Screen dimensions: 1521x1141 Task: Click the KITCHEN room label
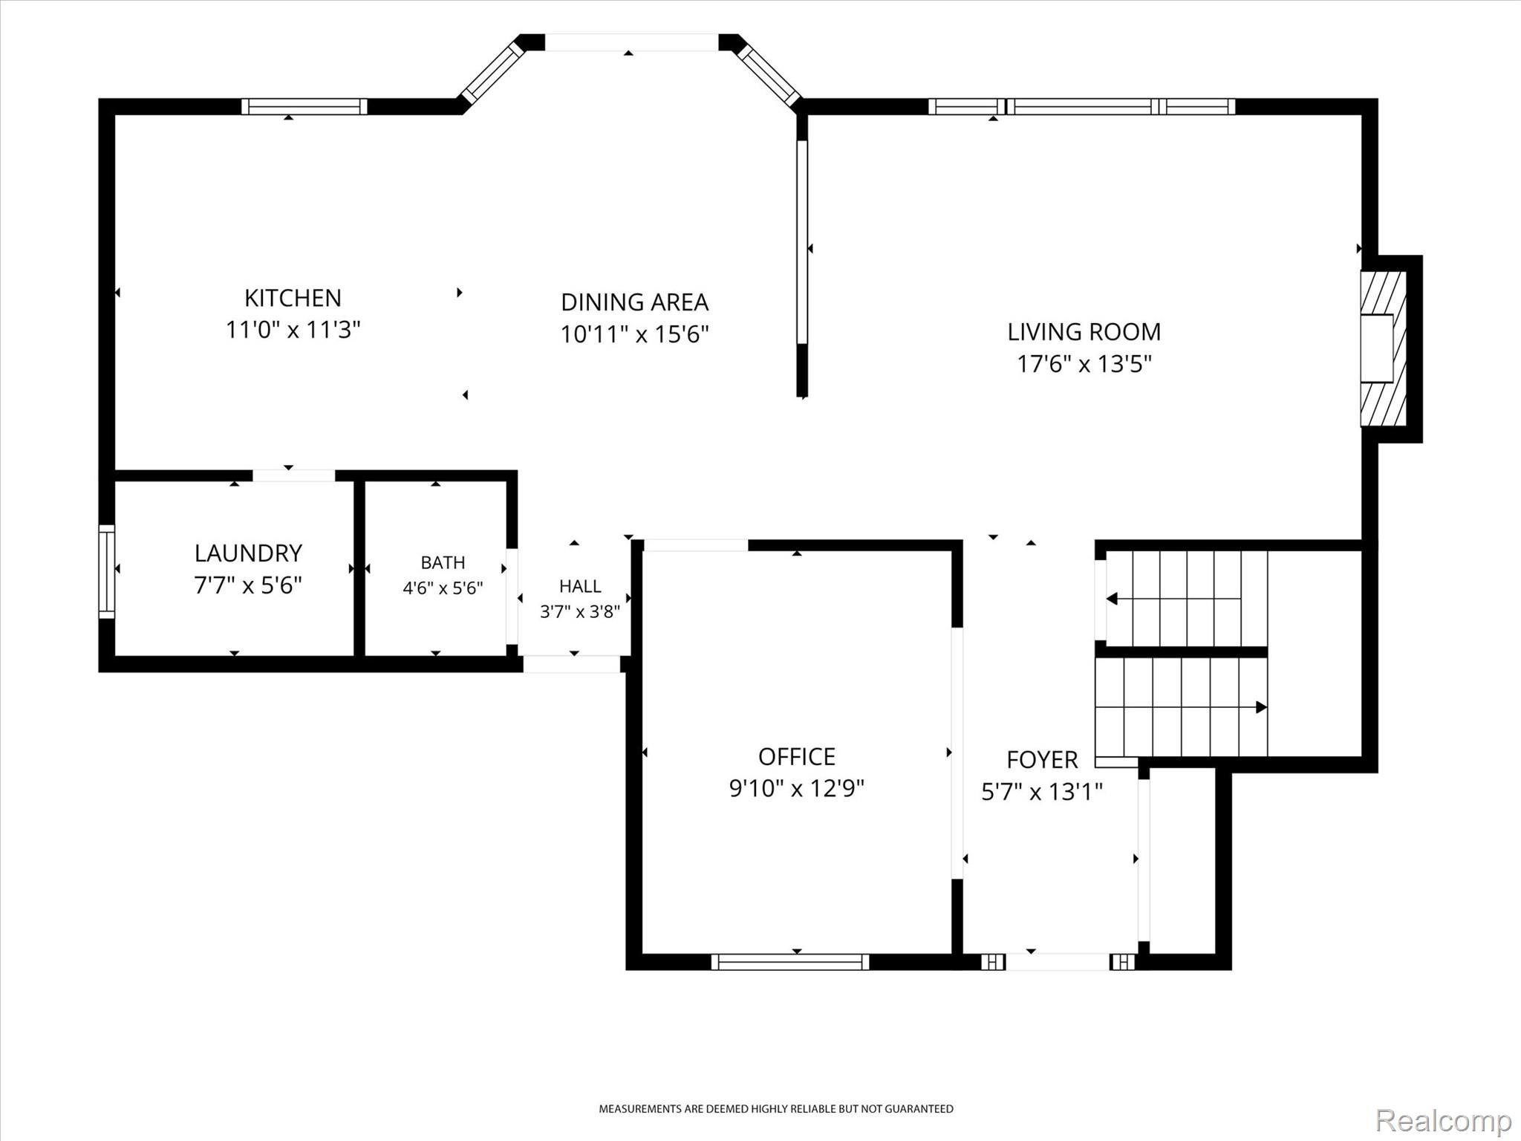(x=293, y=298)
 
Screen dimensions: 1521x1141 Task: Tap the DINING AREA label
(x=635, y=302)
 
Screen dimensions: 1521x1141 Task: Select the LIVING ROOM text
(x=1084, y=332)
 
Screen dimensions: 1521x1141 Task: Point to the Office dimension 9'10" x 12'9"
(x=797, y=787)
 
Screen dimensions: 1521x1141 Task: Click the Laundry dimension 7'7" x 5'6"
(x=248, y=585)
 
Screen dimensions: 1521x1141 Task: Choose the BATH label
(x=443, y=562)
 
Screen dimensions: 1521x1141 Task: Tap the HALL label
(x=580, y=586)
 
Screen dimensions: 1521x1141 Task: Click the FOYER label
(x=1042, y=759)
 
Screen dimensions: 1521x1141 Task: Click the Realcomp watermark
(x=1444, y=1119)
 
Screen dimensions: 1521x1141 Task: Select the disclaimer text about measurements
(x=776, y=1109)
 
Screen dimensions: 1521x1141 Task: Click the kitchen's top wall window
(x=304, y=106)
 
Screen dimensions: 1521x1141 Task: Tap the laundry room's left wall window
(x=107, y=571)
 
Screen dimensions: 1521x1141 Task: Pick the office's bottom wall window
(x=790, y=962)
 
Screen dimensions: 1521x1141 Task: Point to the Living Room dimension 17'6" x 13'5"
(x=1084, y=364)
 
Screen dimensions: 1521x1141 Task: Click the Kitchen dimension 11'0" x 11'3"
(x=293, y=330)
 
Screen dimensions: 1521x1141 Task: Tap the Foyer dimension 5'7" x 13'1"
(x=1042, y=792)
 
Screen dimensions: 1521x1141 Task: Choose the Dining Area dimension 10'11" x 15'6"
(x=635, y=334)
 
